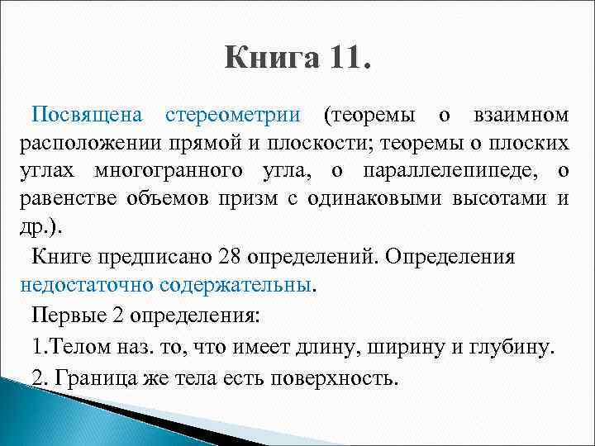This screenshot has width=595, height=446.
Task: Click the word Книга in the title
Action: coord(270,59)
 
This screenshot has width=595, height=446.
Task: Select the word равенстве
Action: coord(68,200)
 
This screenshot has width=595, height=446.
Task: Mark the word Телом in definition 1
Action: coord(81,348)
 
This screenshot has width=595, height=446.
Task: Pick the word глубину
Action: coord(508,348)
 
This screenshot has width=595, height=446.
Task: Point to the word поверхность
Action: coord(331,377)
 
